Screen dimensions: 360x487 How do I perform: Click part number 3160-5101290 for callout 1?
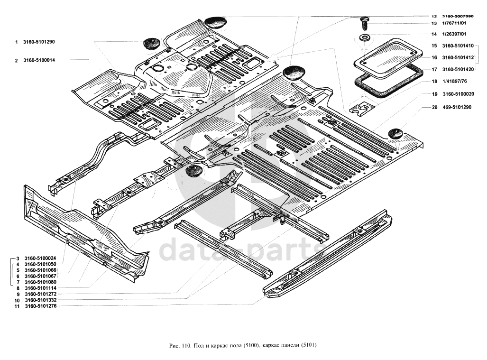pyautogui.click(x=39, y=42)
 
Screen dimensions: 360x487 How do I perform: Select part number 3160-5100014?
pyautogui.click(x=39, y=60)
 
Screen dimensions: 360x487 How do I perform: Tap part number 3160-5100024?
pyautogui.click(x=40, y=258)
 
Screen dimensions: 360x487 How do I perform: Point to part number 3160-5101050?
pyautogui.click(x=40, y=264)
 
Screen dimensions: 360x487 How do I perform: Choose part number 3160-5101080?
pyautogui.click(x=40, y=282)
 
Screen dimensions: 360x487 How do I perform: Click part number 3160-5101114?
pyautogui.click(x=40, y=288)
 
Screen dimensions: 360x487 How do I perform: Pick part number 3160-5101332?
pyautogui.click(x=40, y=300)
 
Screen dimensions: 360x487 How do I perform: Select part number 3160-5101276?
pyautogui.click(x=40, y=306)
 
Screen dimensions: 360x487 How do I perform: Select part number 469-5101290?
pyautogui.click(x=456, y=108)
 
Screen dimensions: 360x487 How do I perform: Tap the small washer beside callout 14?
pyautogui.click(x=364, y=37)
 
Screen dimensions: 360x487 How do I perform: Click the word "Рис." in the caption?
pyautogui.click(x=174, y=345)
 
